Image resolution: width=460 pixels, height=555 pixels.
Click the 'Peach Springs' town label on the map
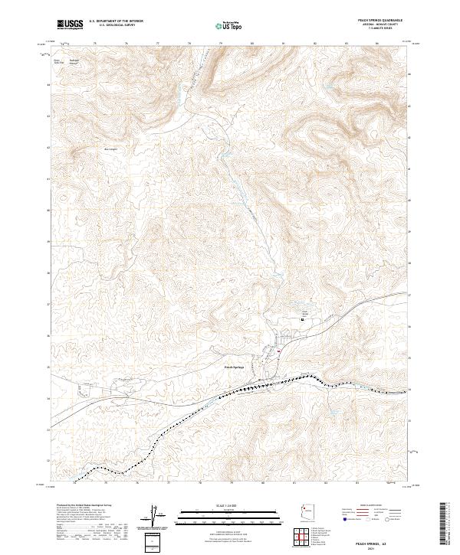pos(234,367)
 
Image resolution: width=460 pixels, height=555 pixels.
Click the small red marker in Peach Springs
pos(280,351)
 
